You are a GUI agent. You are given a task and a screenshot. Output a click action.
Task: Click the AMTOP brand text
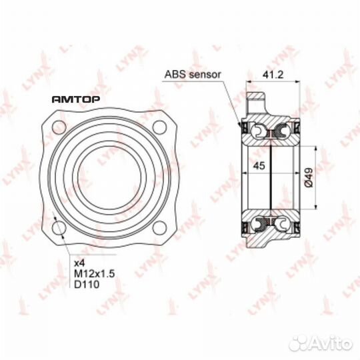[76, 99]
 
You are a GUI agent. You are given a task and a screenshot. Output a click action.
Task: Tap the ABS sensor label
[193, 75]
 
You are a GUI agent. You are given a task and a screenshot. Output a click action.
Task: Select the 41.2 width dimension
[273, 75]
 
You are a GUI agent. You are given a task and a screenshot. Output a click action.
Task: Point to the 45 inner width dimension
[259, 165]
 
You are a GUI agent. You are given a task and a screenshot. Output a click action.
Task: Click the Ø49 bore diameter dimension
[309, 177]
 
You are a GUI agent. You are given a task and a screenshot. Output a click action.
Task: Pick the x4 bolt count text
[79, 263]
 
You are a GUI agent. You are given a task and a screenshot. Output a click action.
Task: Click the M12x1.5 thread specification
[95, 274]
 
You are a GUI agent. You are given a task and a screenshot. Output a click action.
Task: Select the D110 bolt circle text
[87, 285]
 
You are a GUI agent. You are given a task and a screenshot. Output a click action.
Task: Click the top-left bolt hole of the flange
[59, 127]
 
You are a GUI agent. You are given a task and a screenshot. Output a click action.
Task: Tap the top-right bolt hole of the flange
[159, 127]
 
